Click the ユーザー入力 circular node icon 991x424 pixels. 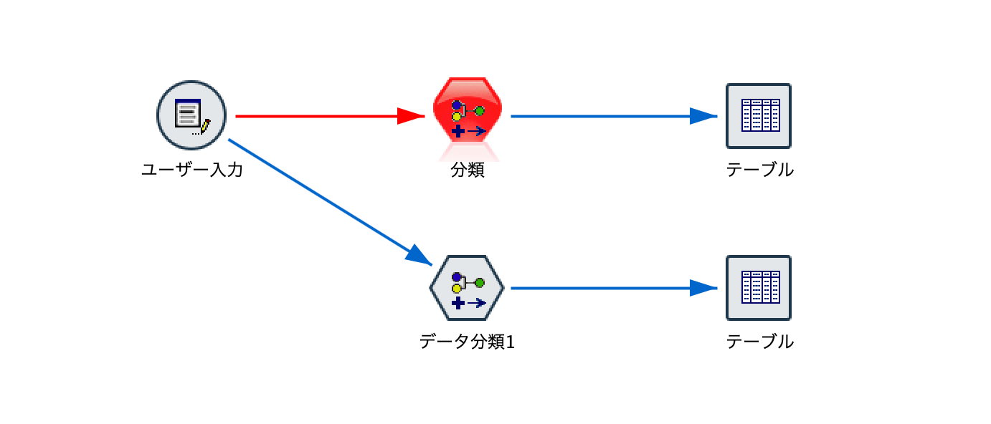tap(191, 115)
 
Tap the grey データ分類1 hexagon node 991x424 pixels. tap(467, 287)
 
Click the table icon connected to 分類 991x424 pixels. tap(759, 115)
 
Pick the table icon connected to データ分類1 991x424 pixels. tap(759, 287)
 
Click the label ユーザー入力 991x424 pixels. tap(191, 170)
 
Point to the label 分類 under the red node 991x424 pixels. tap(468, 170)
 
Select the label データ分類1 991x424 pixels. tap(467, 342)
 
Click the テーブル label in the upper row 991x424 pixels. tap(759, 170)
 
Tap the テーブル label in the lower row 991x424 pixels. tap(759, 342)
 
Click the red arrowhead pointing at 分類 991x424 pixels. tap(412, 116)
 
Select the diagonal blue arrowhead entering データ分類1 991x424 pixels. tap(419, 256)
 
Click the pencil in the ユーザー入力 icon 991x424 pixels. tap(205, 127)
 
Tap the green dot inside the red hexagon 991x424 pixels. tap(479, 111)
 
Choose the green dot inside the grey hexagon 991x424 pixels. tap(479, 283)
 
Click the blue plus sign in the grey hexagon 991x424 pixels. tap(457, 303)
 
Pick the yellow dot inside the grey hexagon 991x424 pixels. tap(456, 289)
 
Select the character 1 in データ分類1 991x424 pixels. tap(511, 342)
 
